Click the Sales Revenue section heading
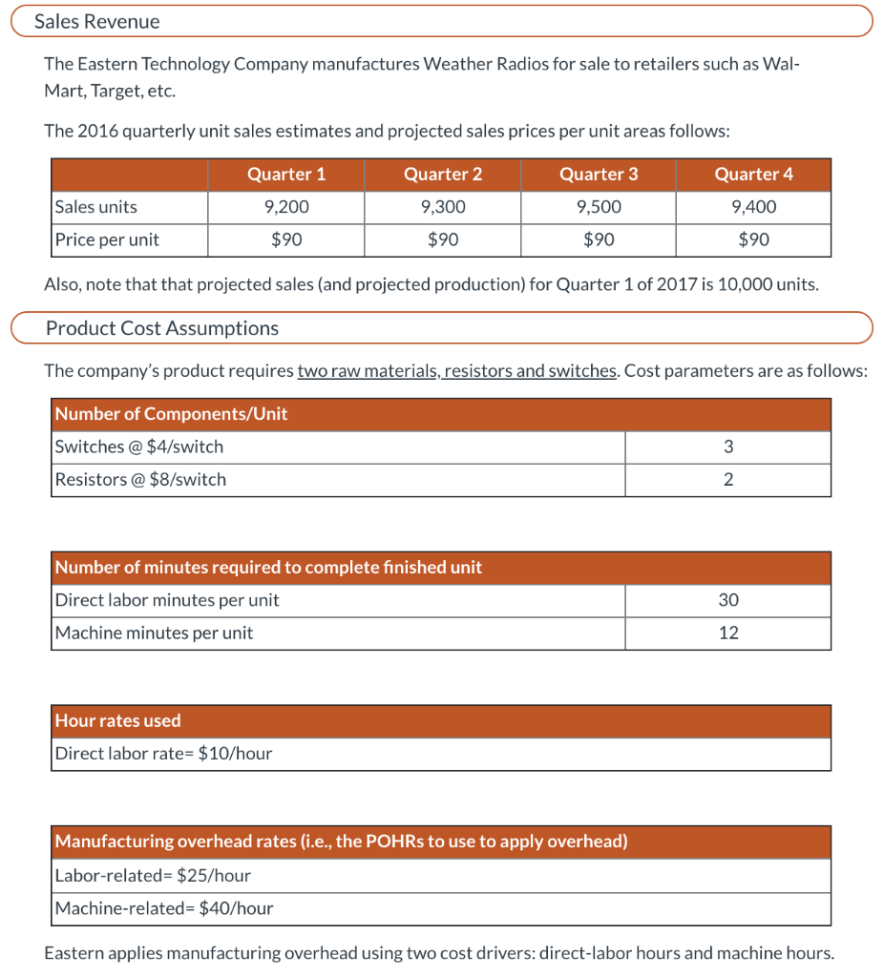pyautogui.click(x=97, y=21)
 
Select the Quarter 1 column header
pyautogui.click(x=285, y=174)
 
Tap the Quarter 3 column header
pyautogui.click(x=599, y=174)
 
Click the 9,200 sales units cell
pyautogui.click(x=285, y=207)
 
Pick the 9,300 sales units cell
pyautogui.click(x=442, y=207)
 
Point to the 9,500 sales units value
pyautogui.click(x=599, y=207)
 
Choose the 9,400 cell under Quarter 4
pyautogui.click(x=753, y=207)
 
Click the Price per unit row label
pyautogui.click(x=107, y=239)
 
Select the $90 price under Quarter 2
pyautogui.click(x=442, y=239)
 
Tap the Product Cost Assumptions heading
pyautogui.click(x=162, y=328)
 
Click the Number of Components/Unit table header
pyautogui.click(x=171, y=413)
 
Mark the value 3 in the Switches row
pyautogui.click(x=728, y=447)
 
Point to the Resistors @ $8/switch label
pyautogui.click(x=140, y=479)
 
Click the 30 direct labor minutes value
pyautogui.click(x=728, y=600)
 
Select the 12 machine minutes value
pyautogui.click(x=728, y=633)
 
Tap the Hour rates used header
pyautogui.click(x=117, y=720)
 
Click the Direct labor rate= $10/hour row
pyautogui.click(x=163, y=754)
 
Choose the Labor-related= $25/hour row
pyautogui.click(x=153, y=875)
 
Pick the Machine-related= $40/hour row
pyautogui.click(x=163, y=908)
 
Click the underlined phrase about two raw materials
pyautogui.click(x=457, y=370)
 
